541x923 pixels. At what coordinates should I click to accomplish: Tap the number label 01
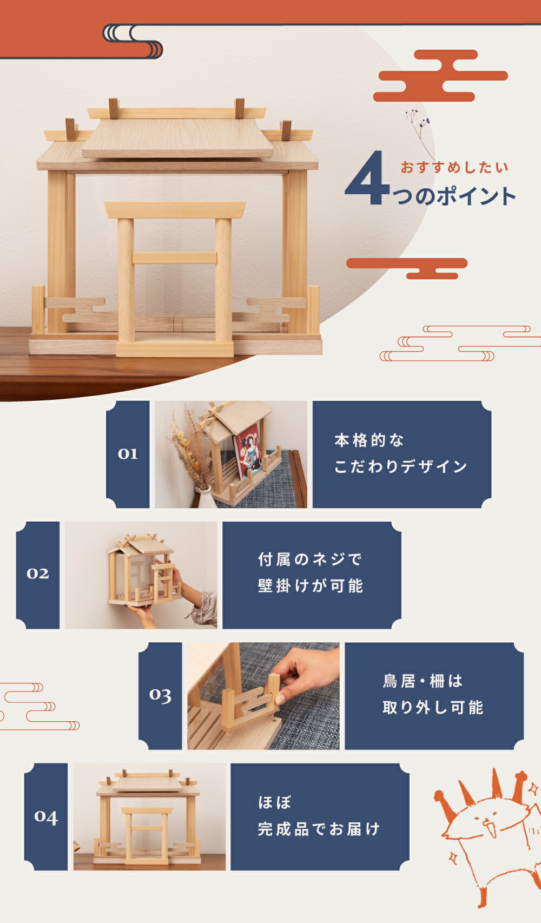[128, 454]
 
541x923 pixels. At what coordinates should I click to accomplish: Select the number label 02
[38, 573]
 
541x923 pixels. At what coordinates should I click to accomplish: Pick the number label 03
[160, 695]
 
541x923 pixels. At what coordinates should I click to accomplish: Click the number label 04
[46, 816]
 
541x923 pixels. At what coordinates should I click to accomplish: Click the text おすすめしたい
[454, 168]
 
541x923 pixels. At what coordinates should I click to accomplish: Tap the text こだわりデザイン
[400, 466]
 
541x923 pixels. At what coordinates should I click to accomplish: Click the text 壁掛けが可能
[311, 586]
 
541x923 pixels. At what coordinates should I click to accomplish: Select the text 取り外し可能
[433, 707]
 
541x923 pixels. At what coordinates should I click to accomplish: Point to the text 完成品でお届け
[319, 829]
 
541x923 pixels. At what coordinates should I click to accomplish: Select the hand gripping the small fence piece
[303, 676]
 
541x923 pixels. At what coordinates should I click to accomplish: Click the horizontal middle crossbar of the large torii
[174, 258]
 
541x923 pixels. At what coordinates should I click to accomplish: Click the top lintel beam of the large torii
[174, 210]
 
